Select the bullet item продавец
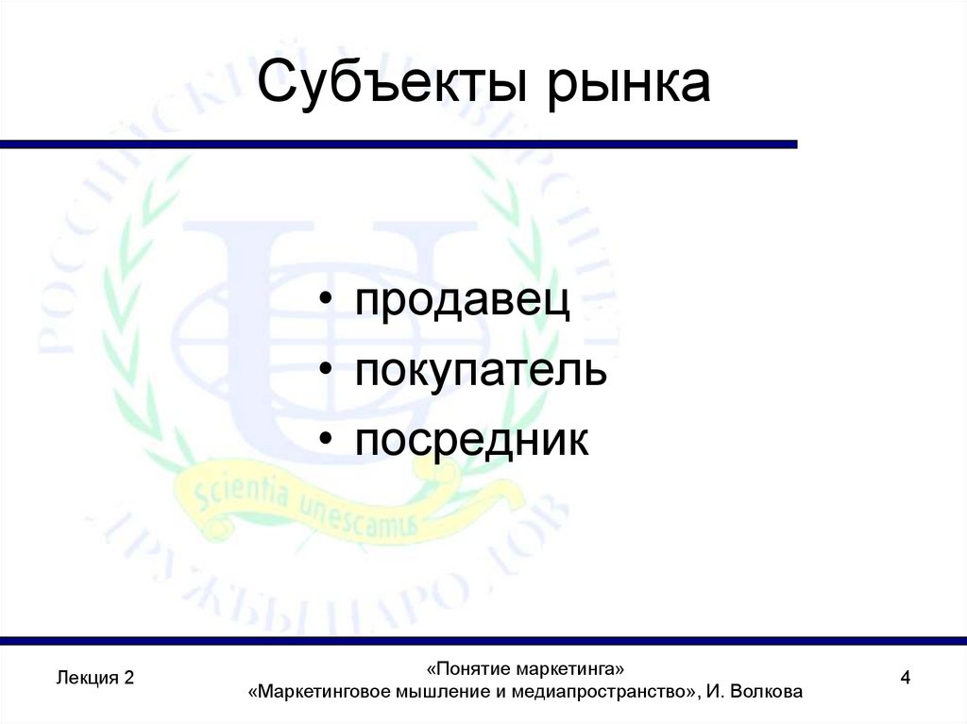point(463,303)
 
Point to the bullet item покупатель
point(481,372)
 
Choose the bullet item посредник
point(472,440)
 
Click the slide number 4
point(906,678)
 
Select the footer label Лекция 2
point(95,678)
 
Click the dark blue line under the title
point(397,144)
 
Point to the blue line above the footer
point(483,641)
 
